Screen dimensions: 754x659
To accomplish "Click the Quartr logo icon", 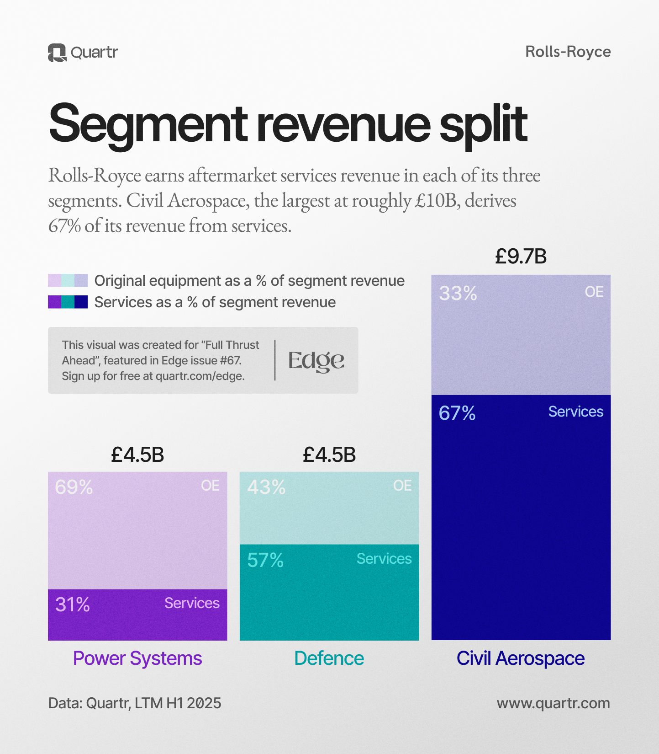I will (x=57, y=53).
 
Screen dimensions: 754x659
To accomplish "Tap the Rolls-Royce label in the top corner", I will (x=568, y=52).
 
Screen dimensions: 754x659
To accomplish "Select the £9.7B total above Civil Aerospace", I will (x=521, y=257).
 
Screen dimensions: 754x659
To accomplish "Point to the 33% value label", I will (x=458, y=294).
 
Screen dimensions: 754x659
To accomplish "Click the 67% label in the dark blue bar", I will (x=457, y=413).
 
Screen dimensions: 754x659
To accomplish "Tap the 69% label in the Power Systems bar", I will (x=74, y=487).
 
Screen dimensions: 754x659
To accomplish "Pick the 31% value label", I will (x=73, y=605).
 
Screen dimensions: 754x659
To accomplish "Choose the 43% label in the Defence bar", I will (x=266, y=487).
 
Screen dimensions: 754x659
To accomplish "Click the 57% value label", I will (x=265, y=561).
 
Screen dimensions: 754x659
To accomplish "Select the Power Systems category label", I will (x=137, y=658).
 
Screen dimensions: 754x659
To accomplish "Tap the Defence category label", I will (x=329, y=658).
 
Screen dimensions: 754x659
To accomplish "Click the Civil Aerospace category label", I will (x=521, y=658).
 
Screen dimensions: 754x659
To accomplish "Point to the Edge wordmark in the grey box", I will (x=316, y=361).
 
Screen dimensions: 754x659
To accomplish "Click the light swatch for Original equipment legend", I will (x=68, y=281).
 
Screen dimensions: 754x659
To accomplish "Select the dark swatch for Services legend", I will (x=68, y=302).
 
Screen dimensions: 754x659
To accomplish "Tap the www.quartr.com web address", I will (x=553, y=703).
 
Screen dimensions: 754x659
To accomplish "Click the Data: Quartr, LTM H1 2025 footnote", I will (x=135, y=703).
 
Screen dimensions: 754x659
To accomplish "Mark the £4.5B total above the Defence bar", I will (x=329, y=455).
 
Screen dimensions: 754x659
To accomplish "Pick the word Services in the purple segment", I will (x=192, y=604).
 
